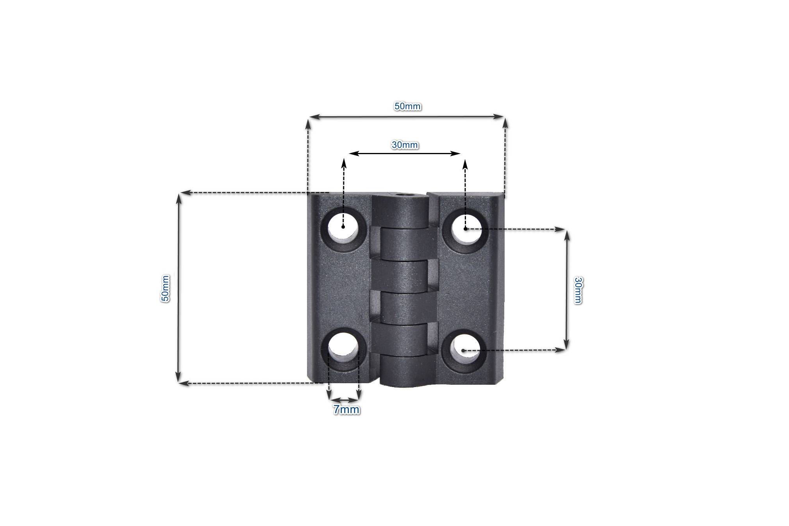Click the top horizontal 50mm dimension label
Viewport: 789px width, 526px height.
point(407,106)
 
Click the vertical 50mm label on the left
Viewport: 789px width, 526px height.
point(165,288)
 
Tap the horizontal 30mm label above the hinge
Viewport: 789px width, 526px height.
point(405,145)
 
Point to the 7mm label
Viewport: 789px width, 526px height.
point(346,410)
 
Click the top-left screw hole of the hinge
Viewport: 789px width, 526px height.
point(344,229)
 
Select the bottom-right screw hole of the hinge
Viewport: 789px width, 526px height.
point(464,350)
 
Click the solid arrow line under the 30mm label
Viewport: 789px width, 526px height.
point(405,153)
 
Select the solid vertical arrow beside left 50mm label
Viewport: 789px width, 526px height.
point(179,288)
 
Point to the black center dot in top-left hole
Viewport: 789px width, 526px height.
point(343,226)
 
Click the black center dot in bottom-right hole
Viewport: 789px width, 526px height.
point(463,350)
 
